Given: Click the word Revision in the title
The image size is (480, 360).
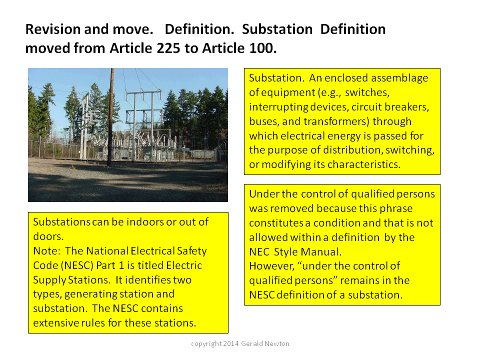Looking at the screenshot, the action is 52,29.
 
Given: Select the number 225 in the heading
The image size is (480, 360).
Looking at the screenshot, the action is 168,48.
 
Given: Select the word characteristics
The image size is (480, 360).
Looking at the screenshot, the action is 364,164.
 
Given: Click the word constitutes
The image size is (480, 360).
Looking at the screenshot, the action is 276,223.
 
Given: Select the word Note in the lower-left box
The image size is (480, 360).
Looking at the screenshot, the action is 46,251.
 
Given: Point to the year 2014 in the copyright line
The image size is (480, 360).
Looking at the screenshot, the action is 231,344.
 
